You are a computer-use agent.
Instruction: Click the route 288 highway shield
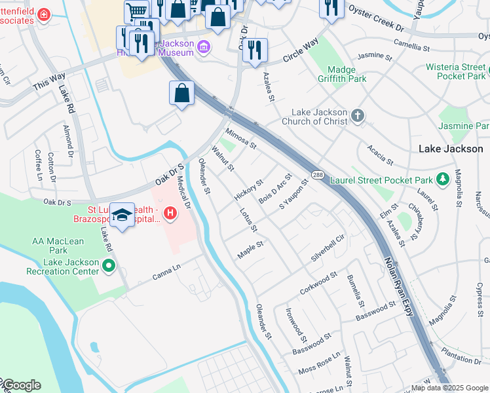[318, 175]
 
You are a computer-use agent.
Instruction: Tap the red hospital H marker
[170, 213]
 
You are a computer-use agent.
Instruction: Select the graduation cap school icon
[122, 215]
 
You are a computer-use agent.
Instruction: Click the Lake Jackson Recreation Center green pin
[109, 266]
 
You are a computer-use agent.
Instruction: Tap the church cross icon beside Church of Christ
[357, 116]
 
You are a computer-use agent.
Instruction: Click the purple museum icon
[204, 47]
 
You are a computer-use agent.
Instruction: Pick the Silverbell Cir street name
[328, 248]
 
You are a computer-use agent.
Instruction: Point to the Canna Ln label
[166, 269]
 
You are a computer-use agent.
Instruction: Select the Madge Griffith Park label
[338, 74]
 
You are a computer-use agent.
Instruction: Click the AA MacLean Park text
[58, 246]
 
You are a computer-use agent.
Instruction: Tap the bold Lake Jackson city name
[451, 149]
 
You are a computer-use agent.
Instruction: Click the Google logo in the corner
[21, 385]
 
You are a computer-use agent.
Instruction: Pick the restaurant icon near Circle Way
[255, 50]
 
